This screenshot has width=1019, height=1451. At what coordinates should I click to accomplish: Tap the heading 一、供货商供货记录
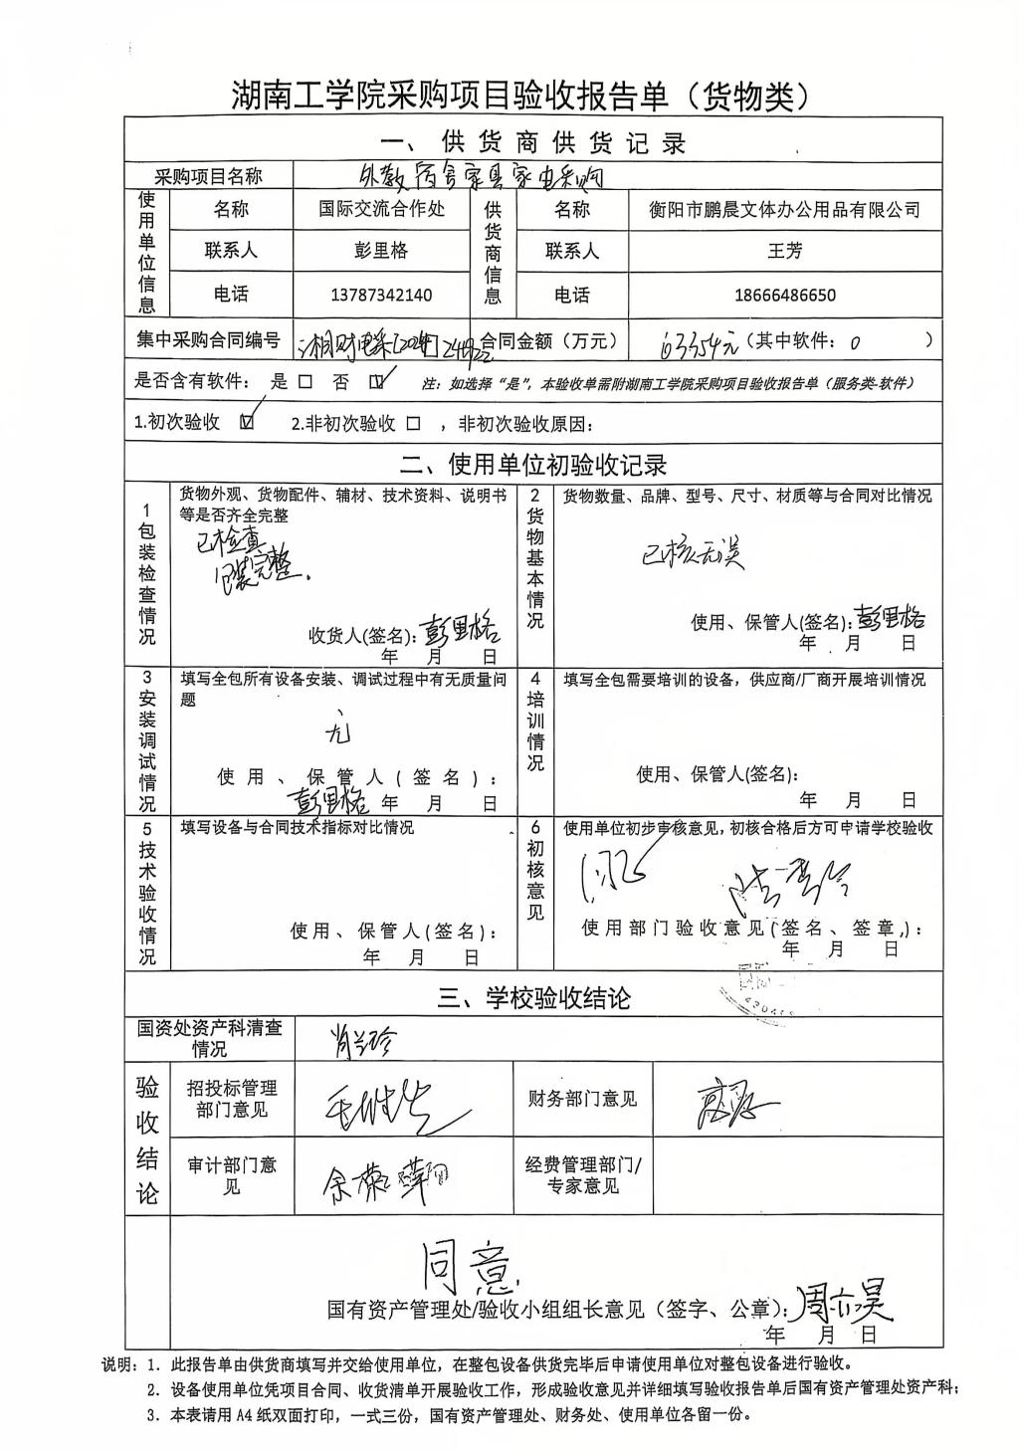coord(533,142)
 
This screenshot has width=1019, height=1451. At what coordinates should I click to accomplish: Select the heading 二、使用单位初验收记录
coord(533,465)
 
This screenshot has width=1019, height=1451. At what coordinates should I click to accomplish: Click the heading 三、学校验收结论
coord(533,998)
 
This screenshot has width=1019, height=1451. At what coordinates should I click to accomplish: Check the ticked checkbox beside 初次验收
coord(247,423)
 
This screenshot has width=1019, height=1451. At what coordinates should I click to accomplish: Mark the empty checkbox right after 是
coord(305,382)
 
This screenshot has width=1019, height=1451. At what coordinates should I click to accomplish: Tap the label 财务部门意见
coord(581,1099)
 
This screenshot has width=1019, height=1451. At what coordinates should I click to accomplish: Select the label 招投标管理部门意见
coord(232,1099)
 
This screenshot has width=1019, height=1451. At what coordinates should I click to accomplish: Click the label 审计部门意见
coord(232,1175)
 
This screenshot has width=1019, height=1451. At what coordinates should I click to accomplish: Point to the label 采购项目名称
coord(209,176)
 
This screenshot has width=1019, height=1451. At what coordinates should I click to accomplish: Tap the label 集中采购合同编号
coord(208,339)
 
